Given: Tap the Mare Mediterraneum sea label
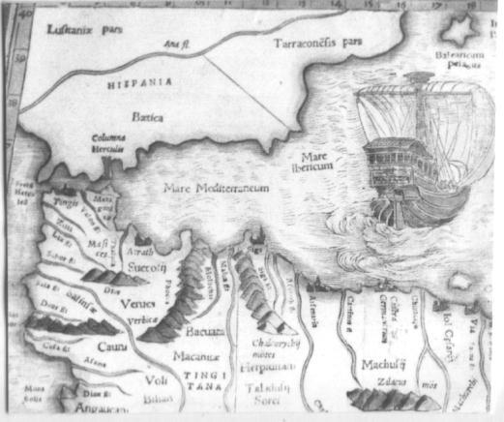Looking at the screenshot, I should (x=215, y=188).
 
